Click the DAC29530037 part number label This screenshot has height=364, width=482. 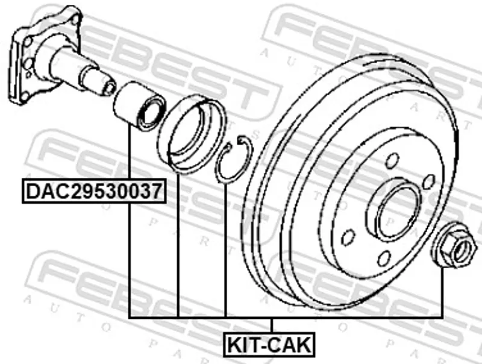click(x=94, y=191)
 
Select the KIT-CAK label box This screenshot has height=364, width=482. click(x=269, y=345)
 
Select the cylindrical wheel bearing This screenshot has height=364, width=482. click(x=139, y=105)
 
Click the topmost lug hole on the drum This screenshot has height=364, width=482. click(x=393, y=161)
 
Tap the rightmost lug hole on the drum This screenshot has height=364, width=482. click(x=429, y=181)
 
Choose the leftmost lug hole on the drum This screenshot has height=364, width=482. click(x=349, y=237)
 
